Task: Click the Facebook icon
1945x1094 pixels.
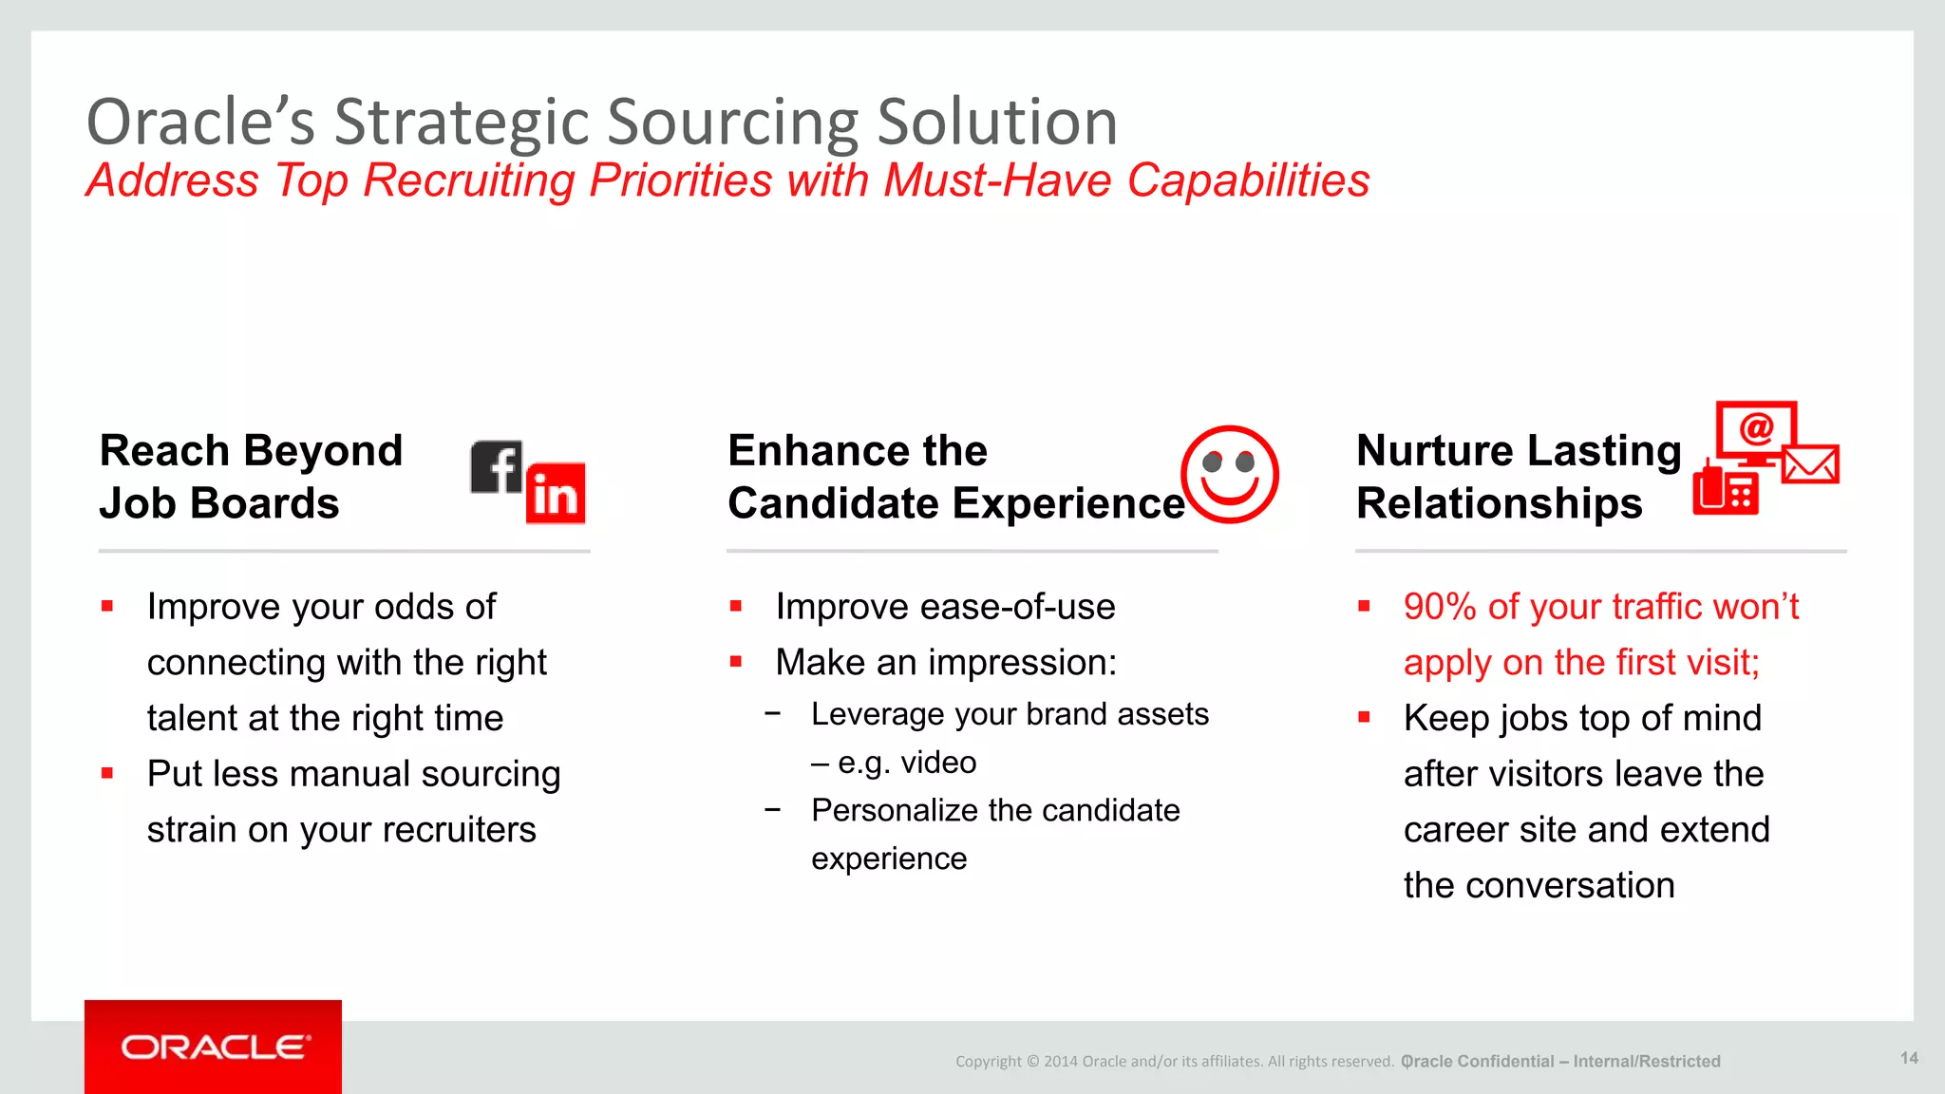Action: tap(496, 467)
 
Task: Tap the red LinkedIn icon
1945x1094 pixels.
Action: tap(556, 494)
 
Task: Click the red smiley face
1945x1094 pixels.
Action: tap(1229, 474)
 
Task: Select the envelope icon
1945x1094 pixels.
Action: tap(1810, 464)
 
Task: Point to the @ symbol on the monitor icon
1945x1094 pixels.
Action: tap(1756, 428)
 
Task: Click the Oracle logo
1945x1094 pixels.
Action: tap(214, 1047)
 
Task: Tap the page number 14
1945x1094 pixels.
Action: tap(1909, 1058)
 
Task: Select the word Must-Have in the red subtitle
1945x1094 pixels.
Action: tap(996, 180)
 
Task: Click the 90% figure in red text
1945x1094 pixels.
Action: tap(1440, 607)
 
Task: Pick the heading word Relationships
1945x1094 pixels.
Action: tap(1499, 503)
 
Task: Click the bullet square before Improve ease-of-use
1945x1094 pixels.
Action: tap(736, 606)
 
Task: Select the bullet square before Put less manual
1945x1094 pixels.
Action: tap(107, 773)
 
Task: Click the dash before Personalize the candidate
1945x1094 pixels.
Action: tap(773, 810)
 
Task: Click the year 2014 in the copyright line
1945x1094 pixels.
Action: tap(1060, 1062)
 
